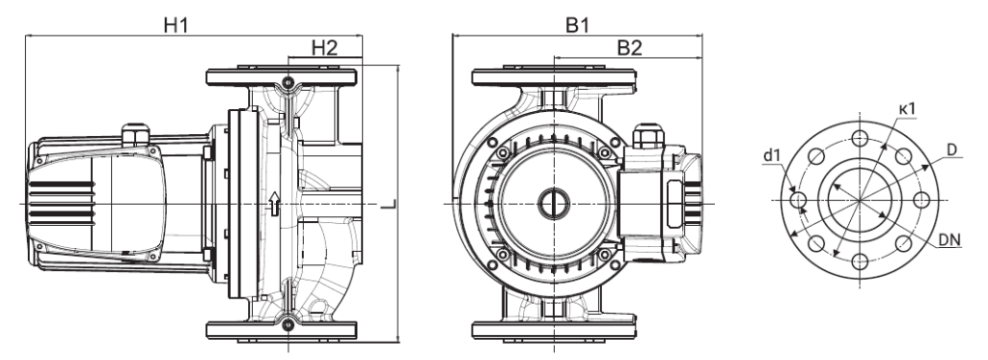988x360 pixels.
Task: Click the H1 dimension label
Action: [x=176, y=25]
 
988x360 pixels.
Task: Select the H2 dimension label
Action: [x=324, y=48]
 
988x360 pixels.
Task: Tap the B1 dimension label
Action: [x=577, y=25]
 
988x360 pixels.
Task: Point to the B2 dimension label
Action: [x=629, y=48]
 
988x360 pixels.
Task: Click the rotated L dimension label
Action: [x=391, y=204]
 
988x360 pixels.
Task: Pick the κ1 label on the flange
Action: [x=905, y=109]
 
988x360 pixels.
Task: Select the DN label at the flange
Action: [x=949, y=241]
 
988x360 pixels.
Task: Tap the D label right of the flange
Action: [x=951, y=150]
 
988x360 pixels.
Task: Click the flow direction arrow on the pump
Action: [x=273, y=204]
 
